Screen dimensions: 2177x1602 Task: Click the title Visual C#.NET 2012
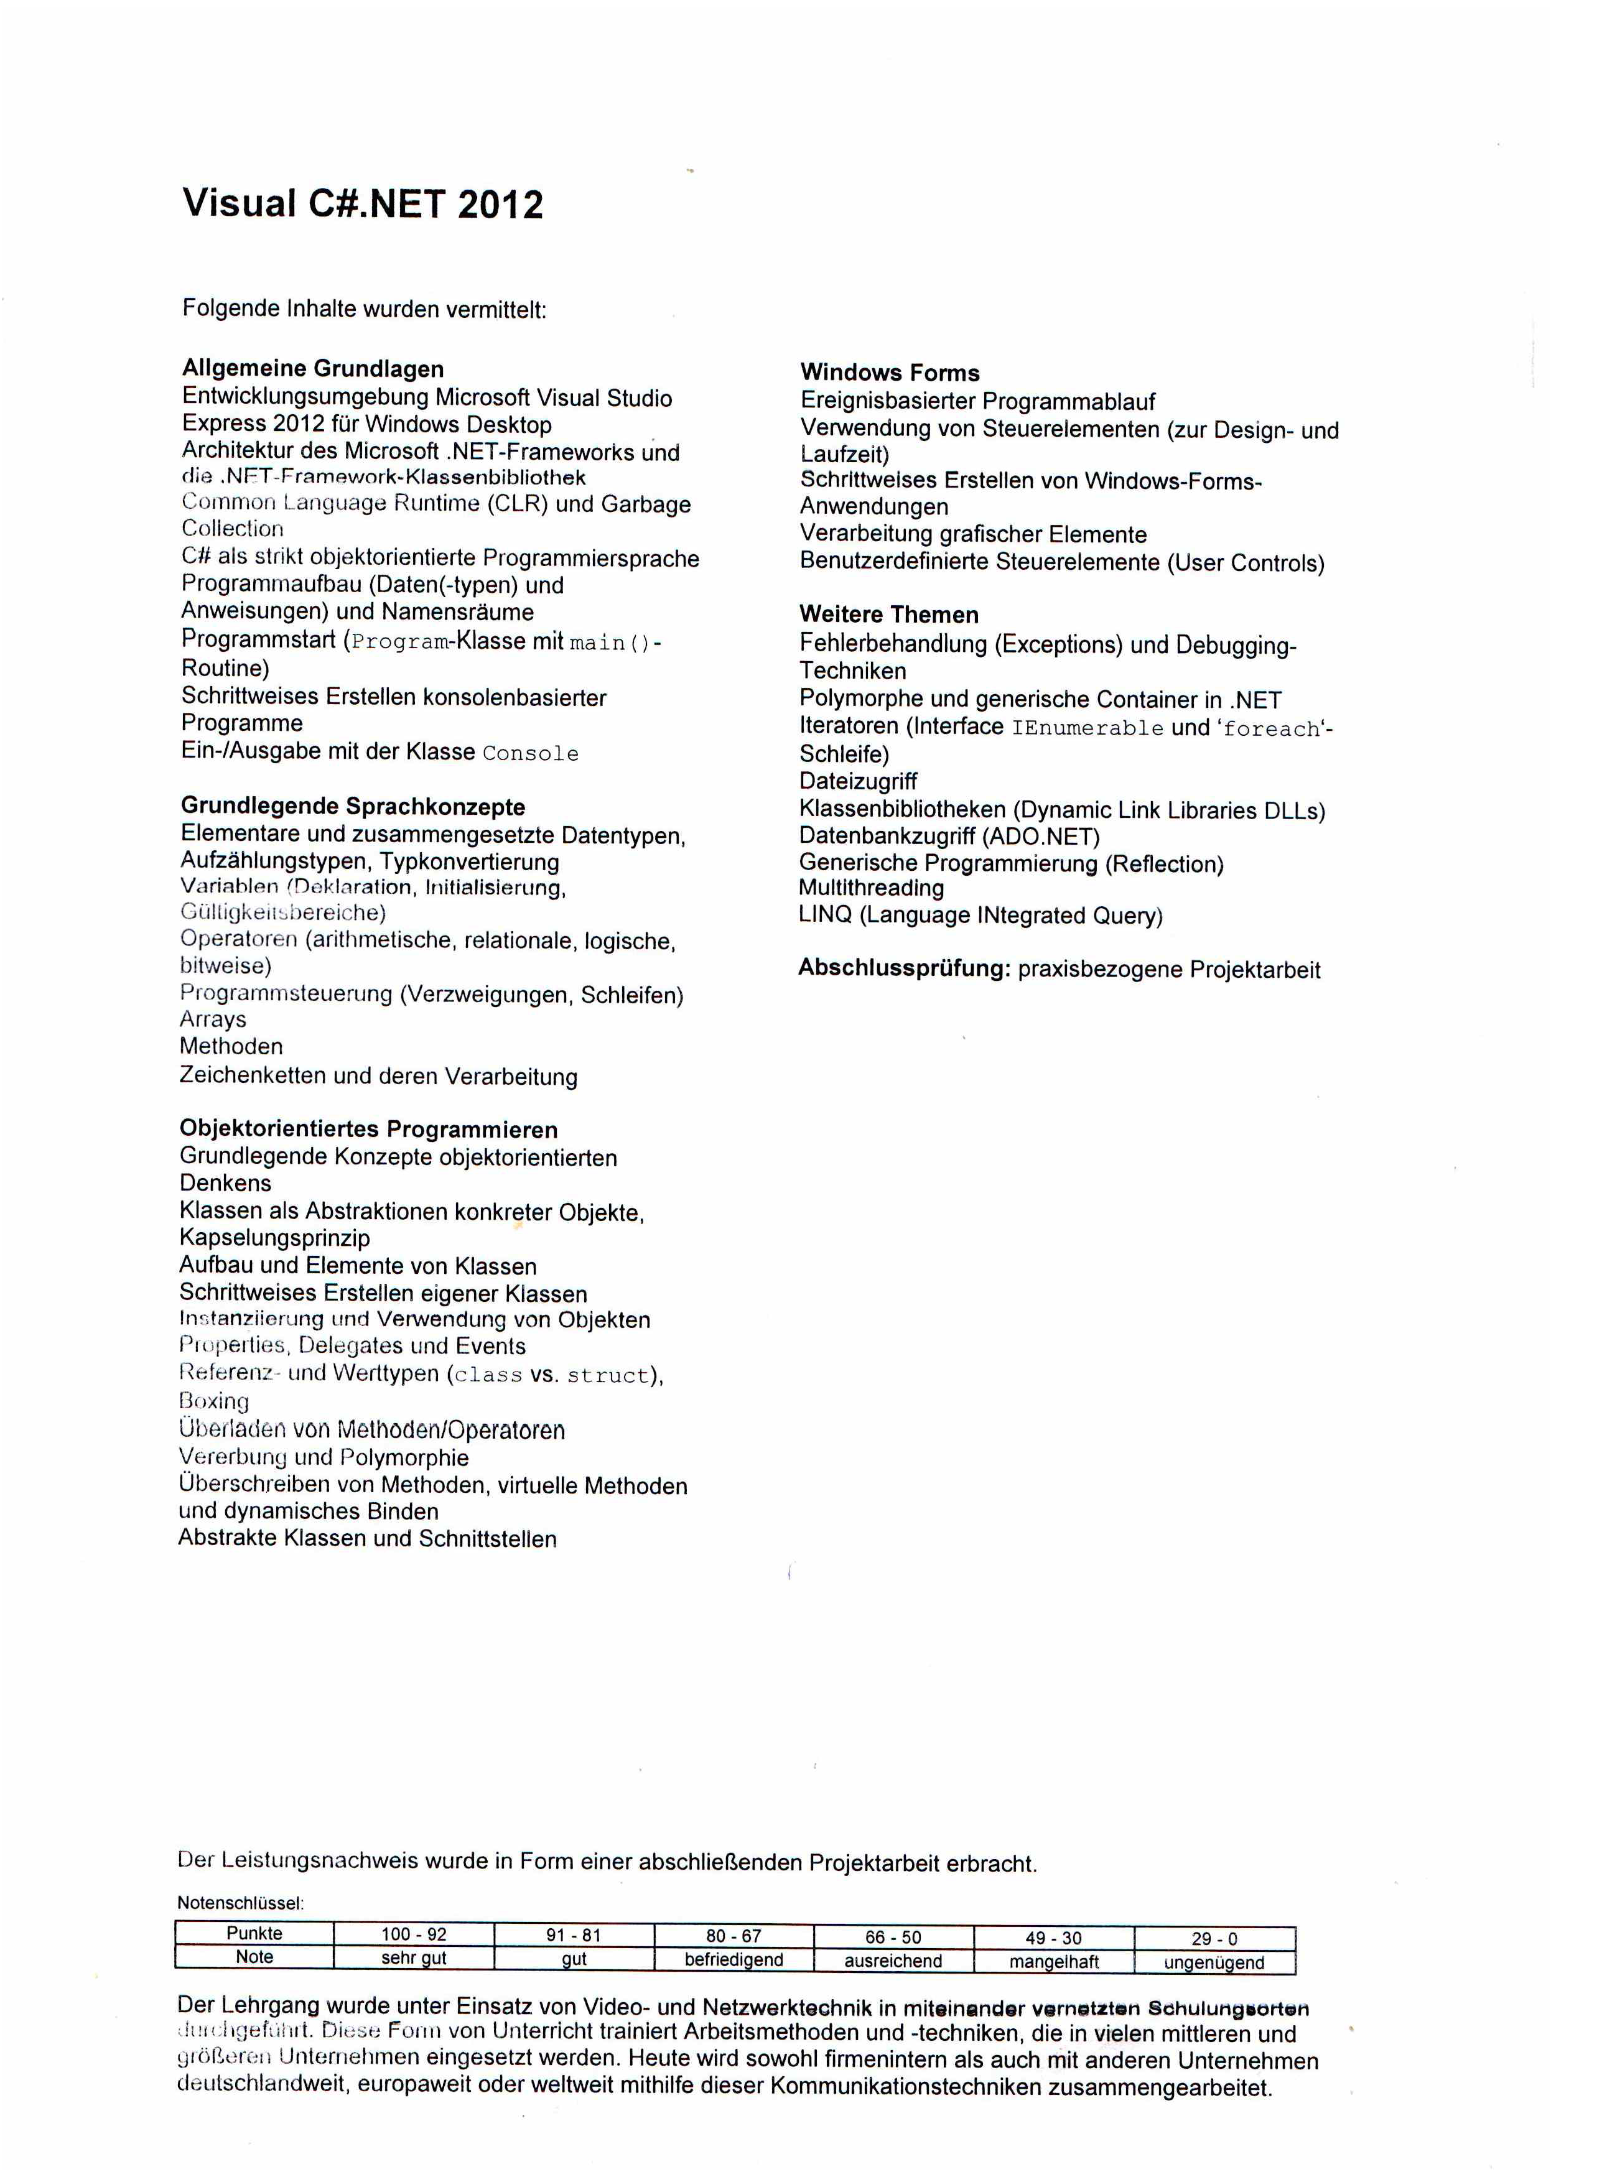(363, 205)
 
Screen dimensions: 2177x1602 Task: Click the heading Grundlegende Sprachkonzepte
(353, 807)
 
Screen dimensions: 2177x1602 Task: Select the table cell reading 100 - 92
(414, 1934)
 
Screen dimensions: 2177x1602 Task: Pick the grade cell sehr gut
(414, 1958)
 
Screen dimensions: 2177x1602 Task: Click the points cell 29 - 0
(1214, 1939)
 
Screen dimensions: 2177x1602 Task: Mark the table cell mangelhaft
(1054, 1962)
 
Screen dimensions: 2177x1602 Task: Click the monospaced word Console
(531, 753)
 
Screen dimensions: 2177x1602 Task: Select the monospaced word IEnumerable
(1087, 728)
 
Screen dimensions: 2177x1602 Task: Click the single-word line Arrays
(213, 1019)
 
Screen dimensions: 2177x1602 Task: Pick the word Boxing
(214, 1401)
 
